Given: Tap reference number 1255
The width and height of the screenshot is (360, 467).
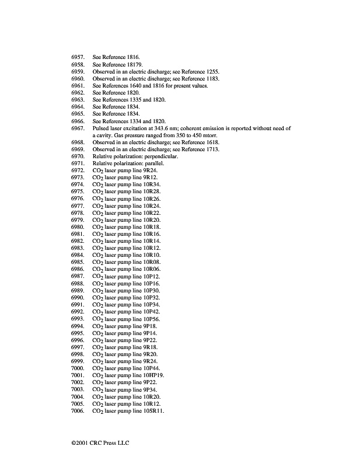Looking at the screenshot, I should (209, 71).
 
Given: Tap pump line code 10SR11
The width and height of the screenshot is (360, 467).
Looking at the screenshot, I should (153, 411).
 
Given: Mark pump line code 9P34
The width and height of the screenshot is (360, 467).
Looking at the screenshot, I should (150, 389).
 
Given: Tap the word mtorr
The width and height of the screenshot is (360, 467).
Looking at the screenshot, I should (214, 135).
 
